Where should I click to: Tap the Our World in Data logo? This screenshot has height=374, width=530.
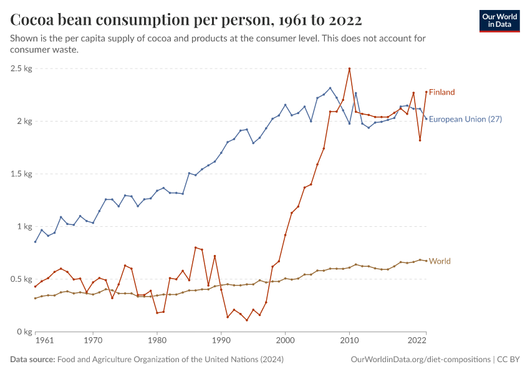point(499,21)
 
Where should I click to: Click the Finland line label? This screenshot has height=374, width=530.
point(441,92)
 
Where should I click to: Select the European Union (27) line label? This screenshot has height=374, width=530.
point(466,119)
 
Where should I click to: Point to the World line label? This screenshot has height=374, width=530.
point(440,261)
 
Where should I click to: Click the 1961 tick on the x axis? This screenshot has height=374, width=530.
point(44,342)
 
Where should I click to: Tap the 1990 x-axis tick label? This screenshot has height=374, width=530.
point(221,342)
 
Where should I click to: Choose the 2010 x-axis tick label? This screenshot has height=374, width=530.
point(349,342)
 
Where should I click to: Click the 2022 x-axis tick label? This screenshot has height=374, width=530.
point(417,342)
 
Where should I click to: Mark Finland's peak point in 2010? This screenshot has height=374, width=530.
point(349,69)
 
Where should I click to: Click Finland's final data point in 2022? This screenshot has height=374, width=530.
point(426,92)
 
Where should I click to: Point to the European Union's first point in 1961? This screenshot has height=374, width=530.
point(36,242)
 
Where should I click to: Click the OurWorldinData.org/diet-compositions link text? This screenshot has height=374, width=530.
point(420,360)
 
